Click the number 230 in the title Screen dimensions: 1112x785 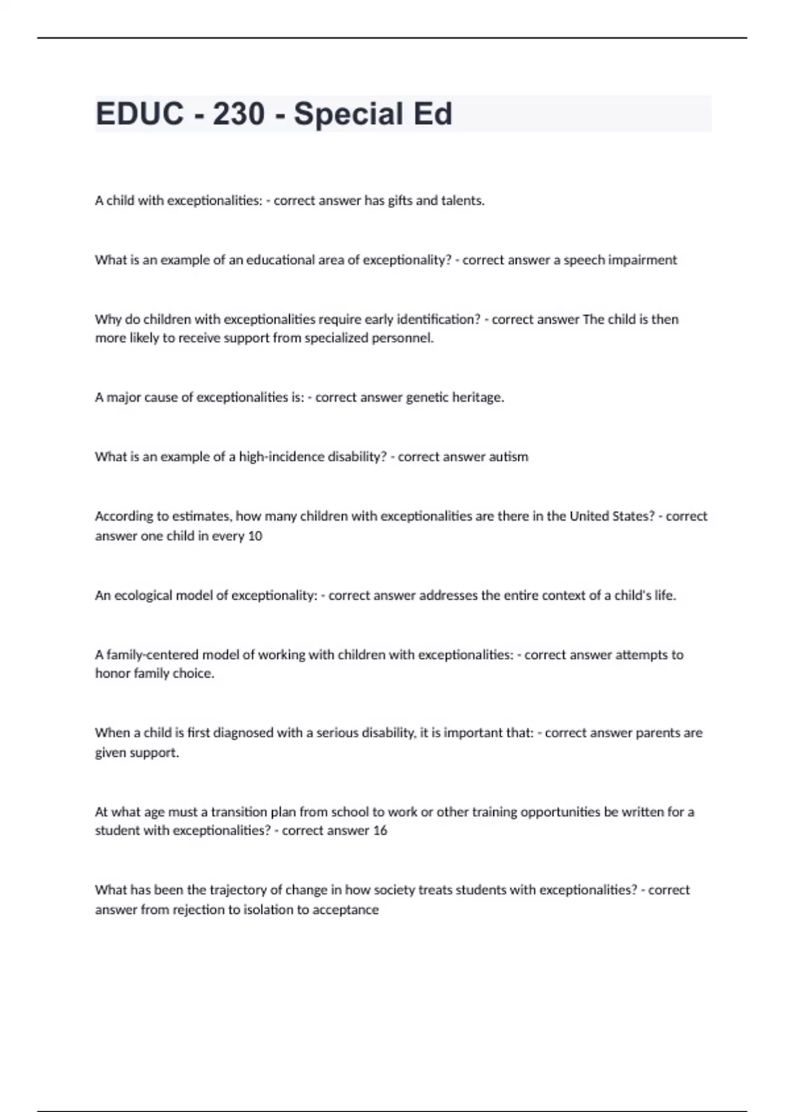click(239, 114)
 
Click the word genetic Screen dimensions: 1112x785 click(428, 398)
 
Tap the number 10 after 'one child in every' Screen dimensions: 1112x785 click(255, 536)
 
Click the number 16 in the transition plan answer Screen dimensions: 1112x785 click(380, 831)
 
